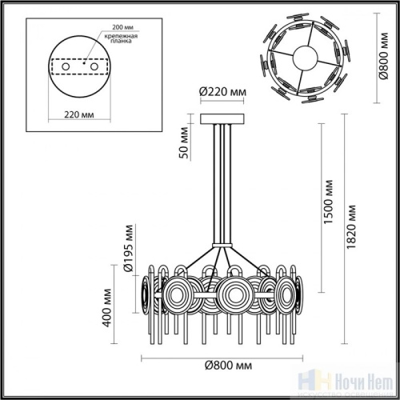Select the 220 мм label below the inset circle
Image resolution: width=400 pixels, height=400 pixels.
tap(78, 114)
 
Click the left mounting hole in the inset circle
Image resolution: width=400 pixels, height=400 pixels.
tap(67, 66)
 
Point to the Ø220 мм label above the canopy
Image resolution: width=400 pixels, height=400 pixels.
tap(222, 91)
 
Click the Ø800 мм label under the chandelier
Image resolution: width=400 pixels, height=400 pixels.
tap(223, 366)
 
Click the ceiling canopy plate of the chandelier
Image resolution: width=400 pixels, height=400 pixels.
tap(222, 122)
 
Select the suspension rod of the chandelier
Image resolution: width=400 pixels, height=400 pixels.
tap(222, 184)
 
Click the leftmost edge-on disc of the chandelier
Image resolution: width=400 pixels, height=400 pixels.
tap(145, 294)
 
